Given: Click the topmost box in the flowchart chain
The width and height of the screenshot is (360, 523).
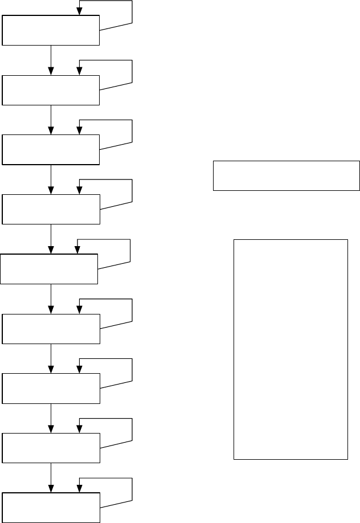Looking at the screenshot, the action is coord(51,30).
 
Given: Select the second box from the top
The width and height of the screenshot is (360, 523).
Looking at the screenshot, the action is coord(51,90).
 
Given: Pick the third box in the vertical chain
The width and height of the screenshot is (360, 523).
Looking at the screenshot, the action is coord(51,150).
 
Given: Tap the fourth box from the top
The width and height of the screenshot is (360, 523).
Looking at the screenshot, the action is coord(51,210).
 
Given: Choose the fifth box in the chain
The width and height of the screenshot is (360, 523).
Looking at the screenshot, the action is coord(50,269).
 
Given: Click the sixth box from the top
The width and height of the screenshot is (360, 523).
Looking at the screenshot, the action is coord(51,329).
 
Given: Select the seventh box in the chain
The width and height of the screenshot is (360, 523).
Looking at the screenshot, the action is coord(51,389).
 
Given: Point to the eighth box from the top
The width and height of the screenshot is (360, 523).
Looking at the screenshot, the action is coord(51,448).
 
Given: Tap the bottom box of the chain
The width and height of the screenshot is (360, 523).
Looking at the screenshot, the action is coord(51,508).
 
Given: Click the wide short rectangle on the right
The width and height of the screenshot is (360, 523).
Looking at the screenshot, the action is coord(287,175).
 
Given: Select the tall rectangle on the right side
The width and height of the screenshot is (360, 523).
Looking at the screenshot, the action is coord(291,349).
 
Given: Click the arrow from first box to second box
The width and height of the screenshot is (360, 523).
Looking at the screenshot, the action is coord(51,60).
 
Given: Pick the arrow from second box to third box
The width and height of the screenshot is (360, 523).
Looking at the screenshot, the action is coord(51,120).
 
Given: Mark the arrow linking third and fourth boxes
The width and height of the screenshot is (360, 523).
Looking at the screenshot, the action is coord(51,179).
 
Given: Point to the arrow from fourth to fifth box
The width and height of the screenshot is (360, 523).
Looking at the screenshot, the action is coord(51,239).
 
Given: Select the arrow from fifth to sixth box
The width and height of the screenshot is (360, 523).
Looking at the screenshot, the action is coord(51,299).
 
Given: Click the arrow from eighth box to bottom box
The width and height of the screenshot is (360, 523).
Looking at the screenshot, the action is coord(51,477).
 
